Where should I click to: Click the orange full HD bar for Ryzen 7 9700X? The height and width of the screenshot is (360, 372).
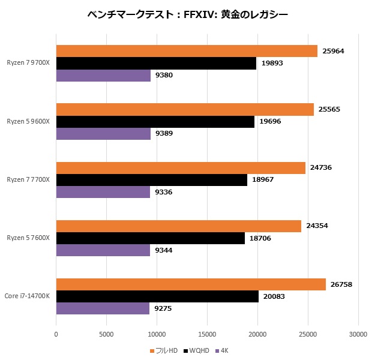(x=187, y=51)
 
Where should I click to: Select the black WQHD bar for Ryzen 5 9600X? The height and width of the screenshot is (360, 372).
(x=155, y=121)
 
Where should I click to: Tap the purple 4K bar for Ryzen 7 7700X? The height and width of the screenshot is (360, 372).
(x=103, y=192)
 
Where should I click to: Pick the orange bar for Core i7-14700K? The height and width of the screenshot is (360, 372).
(x=191, y=284)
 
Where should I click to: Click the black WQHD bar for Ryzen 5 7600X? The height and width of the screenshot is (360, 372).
(x=150, y=238)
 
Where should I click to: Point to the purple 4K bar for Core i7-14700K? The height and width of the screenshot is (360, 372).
(x=103, y=308)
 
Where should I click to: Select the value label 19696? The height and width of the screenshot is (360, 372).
(x=270, y=121)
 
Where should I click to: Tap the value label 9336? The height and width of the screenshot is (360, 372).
(x=164, y=192)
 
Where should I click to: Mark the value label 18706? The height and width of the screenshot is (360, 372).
(x=260, y=238)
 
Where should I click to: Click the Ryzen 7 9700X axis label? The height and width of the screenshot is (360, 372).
(x=28, y=63)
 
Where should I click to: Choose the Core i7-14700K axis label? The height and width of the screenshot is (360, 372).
(x=27, y=296)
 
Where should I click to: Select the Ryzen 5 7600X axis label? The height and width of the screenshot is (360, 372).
(x=28, y=238)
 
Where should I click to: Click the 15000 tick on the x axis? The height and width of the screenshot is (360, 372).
(x=207, y=335)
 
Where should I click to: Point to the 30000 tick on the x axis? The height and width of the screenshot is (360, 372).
(x=358, y=335)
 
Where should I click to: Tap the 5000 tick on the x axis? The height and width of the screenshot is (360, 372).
(x=106, y=335)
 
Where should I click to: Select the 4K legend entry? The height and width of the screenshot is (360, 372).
(x=223, y=350)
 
